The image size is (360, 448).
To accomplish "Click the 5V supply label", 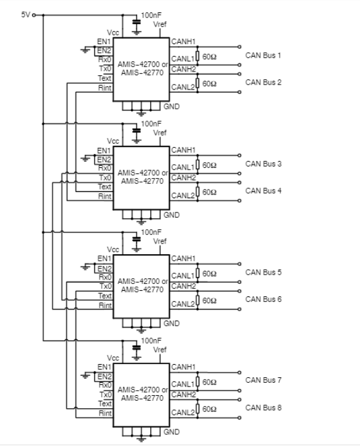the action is pos(25,14).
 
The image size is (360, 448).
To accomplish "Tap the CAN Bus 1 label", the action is pos(263,55).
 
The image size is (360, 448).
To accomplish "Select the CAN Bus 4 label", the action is pos(263,191).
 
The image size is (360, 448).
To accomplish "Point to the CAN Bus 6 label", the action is pos(263,299).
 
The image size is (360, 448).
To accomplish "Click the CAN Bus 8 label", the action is pos(263,408).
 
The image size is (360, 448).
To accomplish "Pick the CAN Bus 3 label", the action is pos(263,164).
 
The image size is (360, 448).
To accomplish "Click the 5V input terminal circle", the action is pos(34,15).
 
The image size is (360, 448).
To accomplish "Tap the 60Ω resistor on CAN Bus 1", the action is pos(197,56).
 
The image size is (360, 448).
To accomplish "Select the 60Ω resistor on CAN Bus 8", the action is pos(197,409).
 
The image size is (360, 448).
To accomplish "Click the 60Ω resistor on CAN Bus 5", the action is pos(197,273).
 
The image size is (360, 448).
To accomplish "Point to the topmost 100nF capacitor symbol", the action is pos(137,22).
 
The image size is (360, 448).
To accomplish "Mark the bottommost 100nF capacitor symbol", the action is pos(137,347).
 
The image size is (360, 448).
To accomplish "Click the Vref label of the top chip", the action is pos(160,24).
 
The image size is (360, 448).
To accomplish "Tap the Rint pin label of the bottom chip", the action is pos(105,413).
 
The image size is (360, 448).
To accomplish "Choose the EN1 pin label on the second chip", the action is pos(104,150).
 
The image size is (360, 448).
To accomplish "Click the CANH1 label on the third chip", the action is pos(183,258).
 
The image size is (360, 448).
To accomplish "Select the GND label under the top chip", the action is pos(171,107).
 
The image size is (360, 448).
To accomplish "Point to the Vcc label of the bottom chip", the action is pos(113,358).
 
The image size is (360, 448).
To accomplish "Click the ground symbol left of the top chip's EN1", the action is pos(85,50).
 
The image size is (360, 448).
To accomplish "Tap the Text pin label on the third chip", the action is pos(105,296).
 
